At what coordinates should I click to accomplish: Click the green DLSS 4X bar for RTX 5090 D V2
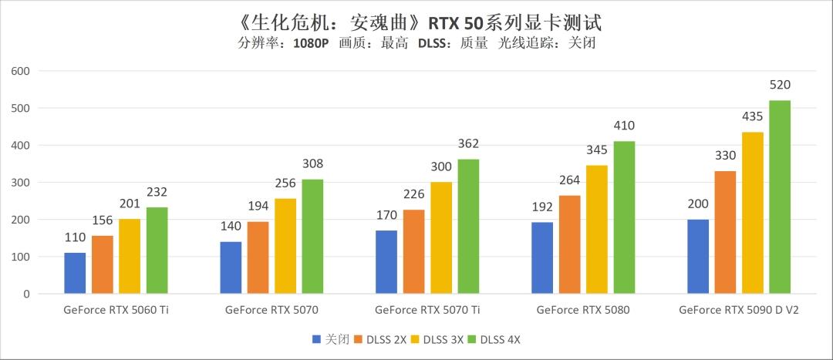point(780,197)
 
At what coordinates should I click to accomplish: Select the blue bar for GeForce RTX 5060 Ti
point(75,273)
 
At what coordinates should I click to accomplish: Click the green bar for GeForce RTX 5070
point(312,237)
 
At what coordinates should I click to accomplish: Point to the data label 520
point(780,85)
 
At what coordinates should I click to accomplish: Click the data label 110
point(75,237)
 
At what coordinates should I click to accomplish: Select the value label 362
point(468,143)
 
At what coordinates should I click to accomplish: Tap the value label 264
point(570,180)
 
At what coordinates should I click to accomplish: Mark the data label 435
point(752,116)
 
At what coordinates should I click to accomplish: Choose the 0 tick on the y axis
point(25,294)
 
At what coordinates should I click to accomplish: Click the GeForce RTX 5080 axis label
point(583,311)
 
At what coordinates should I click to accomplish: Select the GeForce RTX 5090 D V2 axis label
point(739,311)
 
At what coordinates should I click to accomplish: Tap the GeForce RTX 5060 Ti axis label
point(116,311)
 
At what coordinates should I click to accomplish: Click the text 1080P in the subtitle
point(311,43)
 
